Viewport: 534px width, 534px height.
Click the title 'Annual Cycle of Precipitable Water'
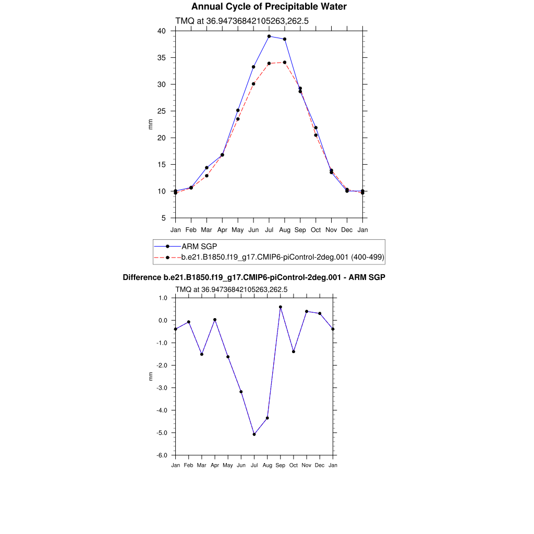269,7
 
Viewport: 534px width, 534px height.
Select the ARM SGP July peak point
269,37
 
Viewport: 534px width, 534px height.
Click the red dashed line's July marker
269,64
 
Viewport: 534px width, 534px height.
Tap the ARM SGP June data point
253,67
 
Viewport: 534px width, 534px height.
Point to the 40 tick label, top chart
162,31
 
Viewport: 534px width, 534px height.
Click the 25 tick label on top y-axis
162,111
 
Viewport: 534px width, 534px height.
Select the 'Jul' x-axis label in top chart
269,229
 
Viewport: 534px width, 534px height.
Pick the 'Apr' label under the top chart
222,229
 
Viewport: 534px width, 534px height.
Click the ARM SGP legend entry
199,246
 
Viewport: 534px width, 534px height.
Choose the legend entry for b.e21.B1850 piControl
282,257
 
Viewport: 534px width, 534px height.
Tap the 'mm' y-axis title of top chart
151,125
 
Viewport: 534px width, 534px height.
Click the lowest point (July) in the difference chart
254,434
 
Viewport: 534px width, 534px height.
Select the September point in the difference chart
281,307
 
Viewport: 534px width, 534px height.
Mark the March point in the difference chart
202,354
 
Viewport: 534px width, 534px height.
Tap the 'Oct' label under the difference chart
294,465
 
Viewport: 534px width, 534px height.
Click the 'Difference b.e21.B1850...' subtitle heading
254,278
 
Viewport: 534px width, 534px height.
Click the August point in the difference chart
267,418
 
